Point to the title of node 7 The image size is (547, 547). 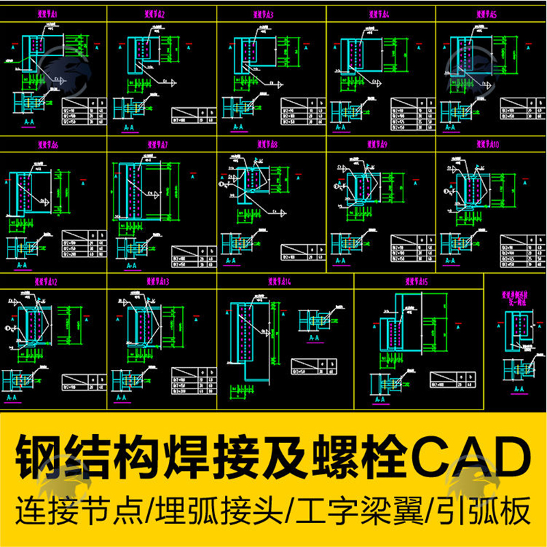point(158,145)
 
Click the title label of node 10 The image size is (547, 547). point(487,145)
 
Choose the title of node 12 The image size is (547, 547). point(46,281)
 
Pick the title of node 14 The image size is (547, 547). point(279,281)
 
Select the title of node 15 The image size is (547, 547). point(416,281)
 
